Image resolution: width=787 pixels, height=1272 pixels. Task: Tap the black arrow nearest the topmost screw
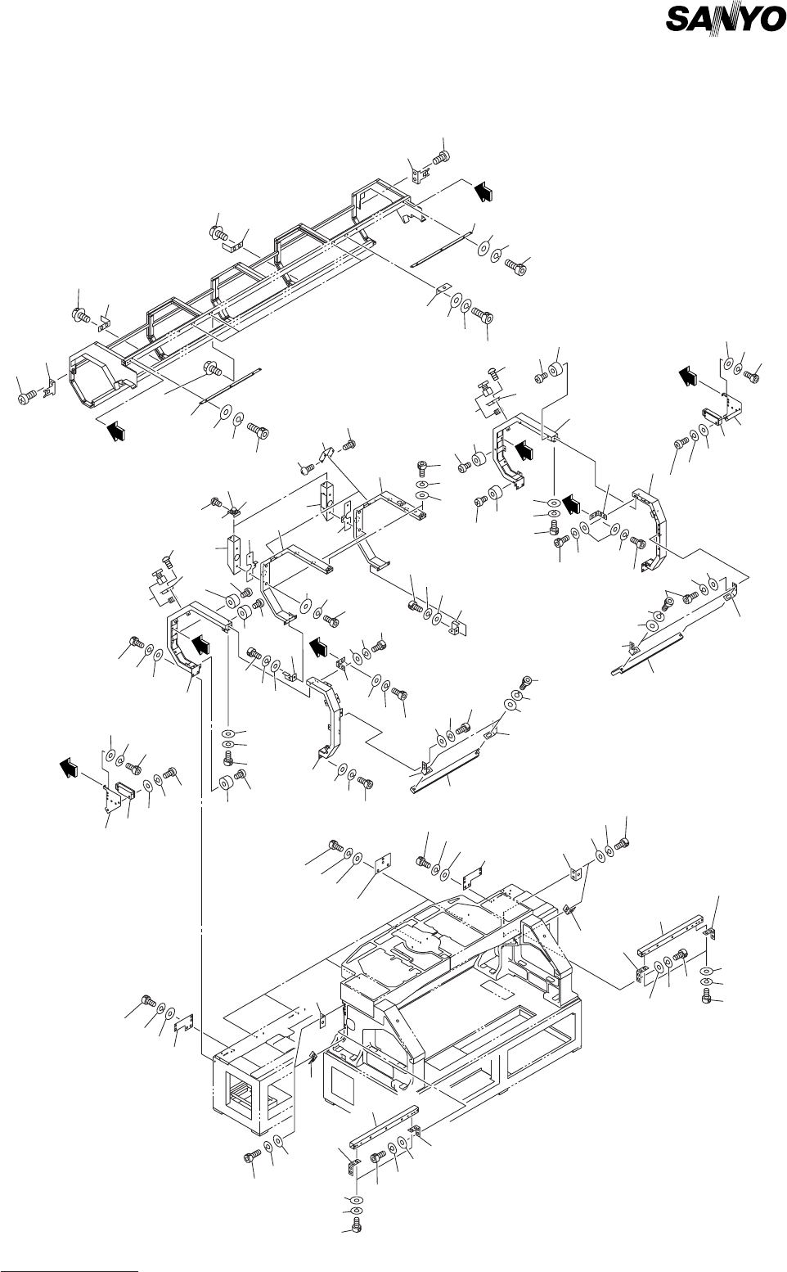click(x=484, y=190)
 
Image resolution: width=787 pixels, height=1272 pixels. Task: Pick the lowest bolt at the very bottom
click(x=355, y=1225)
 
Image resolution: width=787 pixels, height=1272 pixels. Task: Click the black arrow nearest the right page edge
click(x=688, y=376)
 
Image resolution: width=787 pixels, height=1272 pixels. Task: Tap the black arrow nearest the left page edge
click(x=71, y=767)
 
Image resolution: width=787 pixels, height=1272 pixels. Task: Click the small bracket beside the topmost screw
click(x=423, y=174)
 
